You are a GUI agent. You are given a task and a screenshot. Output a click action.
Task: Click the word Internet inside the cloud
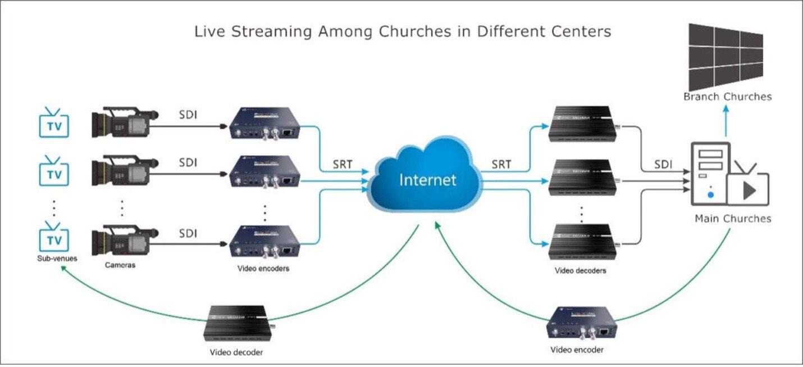[x=427, y=180]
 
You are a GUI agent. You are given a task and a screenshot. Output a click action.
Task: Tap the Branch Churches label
[x=727, y=97]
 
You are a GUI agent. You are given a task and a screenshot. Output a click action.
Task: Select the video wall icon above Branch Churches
[x=726, y=55]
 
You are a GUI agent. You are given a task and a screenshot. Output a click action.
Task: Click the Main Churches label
[x=733, y=219]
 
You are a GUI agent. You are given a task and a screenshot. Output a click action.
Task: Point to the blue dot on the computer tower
[x=710, y=194]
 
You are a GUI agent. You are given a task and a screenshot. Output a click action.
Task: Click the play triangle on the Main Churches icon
[x=749, y=190]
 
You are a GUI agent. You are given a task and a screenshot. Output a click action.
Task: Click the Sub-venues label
[x=54, y=259]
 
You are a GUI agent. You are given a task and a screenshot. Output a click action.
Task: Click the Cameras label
[x=120, y=265]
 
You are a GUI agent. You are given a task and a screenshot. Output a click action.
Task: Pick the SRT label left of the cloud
[x=343, y=165]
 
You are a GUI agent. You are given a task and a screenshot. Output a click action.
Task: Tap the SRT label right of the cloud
[x=501, y=165]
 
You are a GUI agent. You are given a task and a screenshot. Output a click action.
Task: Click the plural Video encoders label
[x=263, y=269]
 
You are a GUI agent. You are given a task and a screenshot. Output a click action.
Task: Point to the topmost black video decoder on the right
[x=581, y=122]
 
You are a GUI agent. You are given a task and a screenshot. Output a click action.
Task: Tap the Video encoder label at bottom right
[x=577, y=350]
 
